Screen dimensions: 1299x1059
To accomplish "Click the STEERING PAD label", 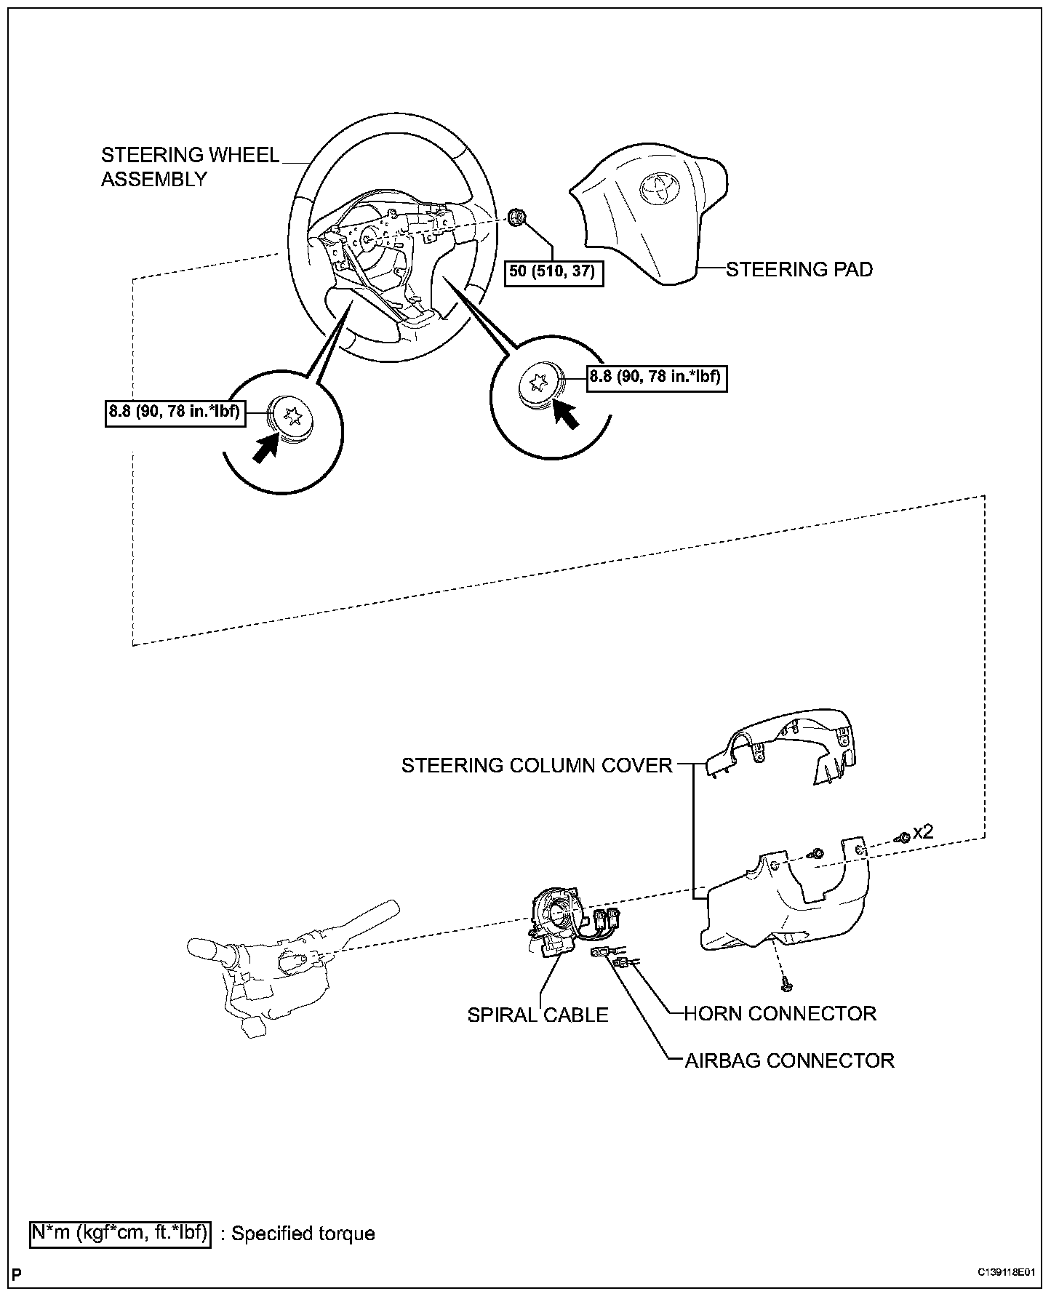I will click(799, 269).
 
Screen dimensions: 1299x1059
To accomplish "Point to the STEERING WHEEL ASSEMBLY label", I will click(190, 167).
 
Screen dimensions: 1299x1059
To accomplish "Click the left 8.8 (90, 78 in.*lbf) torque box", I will click(175, 413).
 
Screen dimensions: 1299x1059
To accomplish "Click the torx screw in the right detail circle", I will click(540, 383).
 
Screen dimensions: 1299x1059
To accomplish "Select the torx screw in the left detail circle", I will click(292, 417).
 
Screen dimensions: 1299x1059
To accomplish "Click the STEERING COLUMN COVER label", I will click(537, 765).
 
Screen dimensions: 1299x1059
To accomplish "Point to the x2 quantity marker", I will click(922, 832).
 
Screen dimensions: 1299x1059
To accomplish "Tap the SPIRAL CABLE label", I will click(538, 1015).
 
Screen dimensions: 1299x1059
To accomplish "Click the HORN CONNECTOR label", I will click(780, 1013).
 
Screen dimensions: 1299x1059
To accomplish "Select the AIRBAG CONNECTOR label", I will click(789, 1060).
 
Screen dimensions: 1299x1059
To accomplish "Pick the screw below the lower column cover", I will click(786, 985).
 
